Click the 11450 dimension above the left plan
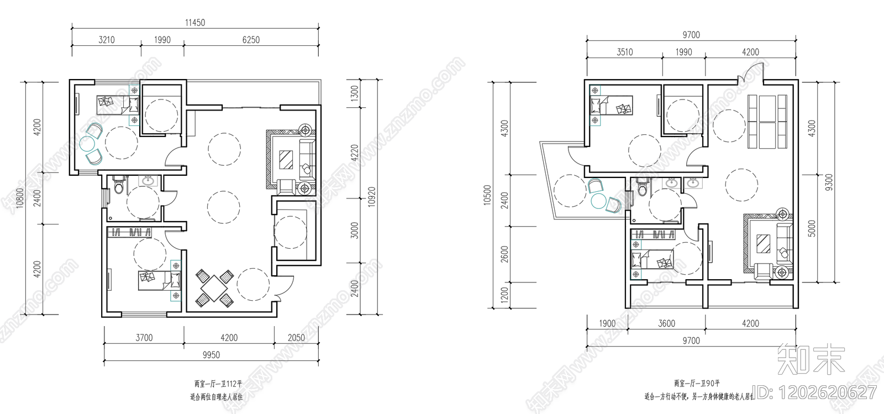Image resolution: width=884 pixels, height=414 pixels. click(194, 23)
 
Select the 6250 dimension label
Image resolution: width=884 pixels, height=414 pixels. click(251, 40)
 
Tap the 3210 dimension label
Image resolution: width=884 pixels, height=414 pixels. click(107, 40)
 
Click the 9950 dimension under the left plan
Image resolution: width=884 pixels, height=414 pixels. click(211, 355)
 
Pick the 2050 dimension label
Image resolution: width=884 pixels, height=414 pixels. click(296, 338)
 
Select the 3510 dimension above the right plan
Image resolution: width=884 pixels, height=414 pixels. click(625, 52)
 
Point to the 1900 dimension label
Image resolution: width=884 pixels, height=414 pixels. click(607, 323)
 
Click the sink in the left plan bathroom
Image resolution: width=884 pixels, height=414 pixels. click(149, 180)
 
